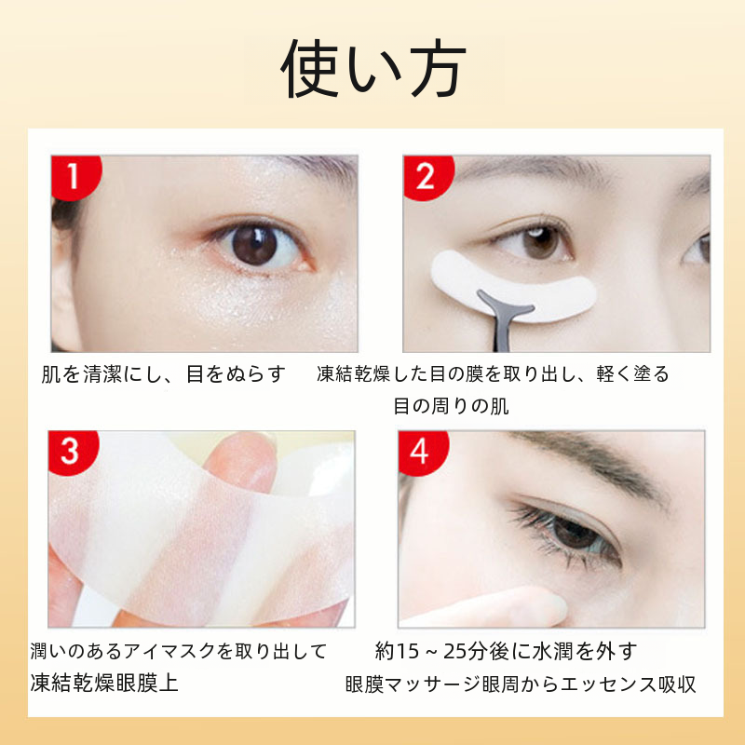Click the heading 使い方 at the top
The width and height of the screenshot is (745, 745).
pyautogui.click(x=373, y=68)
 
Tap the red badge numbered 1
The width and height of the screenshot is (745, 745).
pyautogui.click(x=75, y=176)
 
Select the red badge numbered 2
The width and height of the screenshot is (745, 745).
pyautogui.click(x=427, y=176)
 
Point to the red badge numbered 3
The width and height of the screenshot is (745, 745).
pyautogui.click(x=73, y=452)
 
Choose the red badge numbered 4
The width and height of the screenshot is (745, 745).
pyautogui.click(x=423, y=452)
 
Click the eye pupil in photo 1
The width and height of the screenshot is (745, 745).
pyautogui.click(x=254, y=245)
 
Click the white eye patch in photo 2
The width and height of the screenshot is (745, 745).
pyautogui.click(x=513, y=285)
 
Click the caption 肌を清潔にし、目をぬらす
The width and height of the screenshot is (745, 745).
pyautogui.click(x=164, y=374)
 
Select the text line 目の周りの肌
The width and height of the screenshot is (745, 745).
pyautogui.click(x=452, y=407)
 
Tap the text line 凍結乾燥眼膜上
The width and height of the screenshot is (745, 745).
pyautogui.click(x=104, y=683)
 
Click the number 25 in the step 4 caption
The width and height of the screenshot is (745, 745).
pyautogui.click(x=454, y=651)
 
